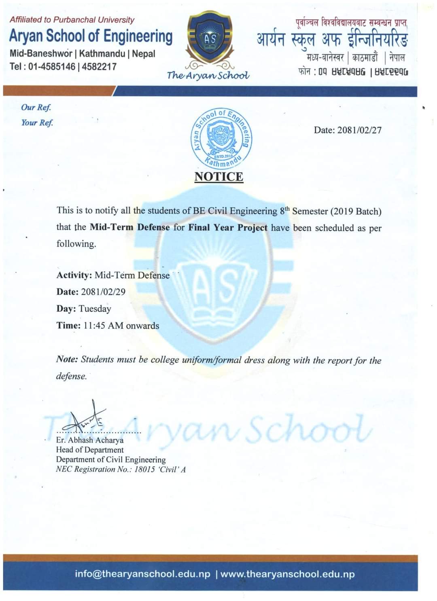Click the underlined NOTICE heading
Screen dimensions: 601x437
219,177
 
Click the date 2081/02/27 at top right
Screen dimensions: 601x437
359,130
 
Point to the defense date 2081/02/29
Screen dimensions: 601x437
103,292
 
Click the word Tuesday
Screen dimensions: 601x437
95,309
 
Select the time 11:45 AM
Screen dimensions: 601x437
104,326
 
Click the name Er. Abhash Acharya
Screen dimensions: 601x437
90,440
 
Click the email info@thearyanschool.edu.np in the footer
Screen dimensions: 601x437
142,574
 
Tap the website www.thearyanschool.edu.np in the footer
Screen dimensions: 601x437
288,574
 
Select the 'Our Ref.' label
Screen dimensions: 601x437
36,107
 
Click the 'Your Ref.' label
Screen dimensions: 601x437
37,123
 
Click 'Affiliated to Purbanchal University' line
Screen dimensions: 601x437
72,20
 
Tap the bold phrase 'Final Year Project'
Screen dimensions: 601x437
228,228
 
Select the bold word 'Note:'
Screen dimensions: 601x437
67,360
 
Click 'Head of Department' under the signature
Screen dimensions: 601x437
90,450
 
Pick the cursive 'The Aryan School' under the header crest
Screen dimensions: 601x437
208,75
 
